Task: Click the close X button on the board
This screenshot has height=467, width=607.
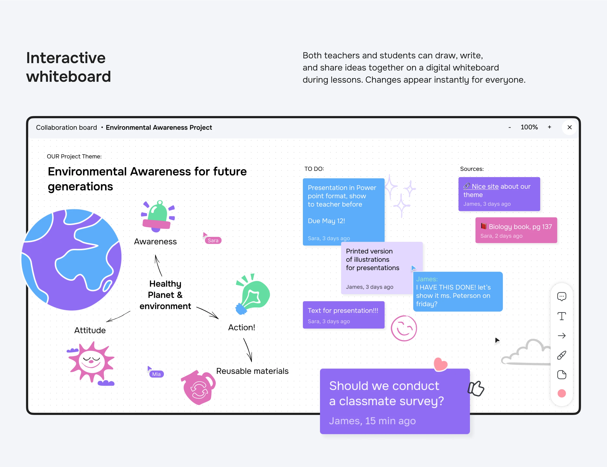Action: click(569, 127)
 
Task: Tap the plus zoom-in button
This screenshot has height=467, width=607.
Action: click(549, 127)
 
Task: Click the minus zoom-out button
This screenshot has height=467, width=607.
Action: click(509, 127)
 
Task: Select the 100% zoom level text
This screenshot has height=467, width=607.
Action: click(529, 127)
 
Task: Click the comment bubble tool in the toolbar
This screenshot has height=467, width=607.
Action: click(561, 296)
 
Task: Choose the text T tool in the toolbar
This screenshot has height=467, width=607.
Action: click(561, 316)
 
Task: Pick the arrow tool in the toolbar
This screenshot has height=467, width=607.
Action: click(561, 336)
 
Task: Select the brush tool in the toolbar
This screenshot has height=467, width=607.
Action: click(561, 355)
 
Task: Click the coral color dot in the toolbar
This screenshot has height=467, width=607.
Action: click(561, 393)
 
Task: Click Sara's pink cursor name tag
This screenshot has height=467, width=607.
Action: click(213, 241)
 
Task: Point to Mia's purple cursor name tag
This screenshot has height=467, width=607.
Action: click(156, 374)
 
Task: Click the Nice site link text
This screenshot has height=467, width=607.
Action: click(485, 187)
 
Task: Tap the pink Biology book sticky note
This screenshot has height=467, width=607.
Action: click(516, 230)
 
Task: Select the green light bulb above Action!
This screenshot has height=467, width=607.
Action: click(253, 295)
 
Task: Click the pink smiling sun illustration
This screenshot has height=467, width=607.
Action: click(91, 362)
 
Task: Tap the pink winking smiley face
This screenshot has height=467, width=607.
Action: click(404, 328)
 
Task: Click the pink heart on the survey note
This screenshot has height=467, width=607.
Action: click(440, 364)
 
